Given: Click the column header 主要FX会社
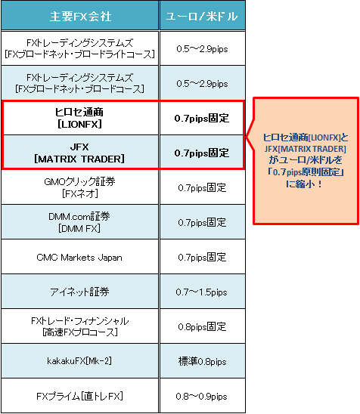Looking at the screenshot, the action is [x=80, y=17].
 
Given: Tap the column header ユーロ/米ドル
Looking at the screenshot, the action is [x=202, y=17].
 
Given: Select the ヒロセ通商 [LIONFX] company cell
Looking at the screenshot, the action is [x=79, y=118].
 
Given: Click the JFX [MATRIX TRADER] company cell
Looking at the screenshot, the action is [x=79, y=153].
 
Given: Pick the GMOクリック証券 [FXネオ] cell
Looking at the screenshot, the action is [x=79, y=187].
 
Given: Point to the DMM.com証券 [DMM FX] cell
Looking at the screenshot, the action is [x=79, y=222].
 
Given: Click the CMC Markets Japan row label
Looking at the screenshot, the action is [x=79, y=257].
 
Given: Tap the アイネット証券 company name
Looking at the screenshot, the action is [x=79, y=292].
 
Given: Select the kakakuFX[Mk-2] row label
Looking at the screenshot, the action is [x=79, y=361].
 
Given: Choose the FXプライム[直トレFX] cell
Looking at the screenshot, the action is [x=79, y=396].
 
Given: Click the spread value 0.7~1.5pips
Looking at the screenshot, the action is [x=202, y=292].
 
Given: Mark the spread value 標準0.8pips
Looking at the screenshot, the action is [x=202, y=361].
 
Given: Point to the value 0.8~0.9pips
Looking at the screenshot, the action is [x=202, y=396].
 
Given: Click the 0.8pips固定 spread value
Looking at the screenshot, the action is [x=202, y=326].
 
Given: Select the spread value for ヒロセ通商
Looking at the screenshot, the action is [x=202, y=118].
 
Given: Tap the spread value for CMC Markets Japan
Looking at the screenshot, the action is [x=202, y=257].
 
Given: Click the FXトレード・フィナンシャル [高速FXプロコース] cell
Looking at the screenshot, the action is [x=79, y=326].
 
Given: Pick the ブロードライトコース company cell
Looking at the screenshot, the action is [x=79, y=48].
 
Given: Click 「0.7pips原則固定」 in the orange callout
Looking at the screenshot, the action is [x=306, y=172].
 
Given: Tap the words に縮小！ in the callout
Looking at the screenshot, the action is [x=304, y=184].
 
